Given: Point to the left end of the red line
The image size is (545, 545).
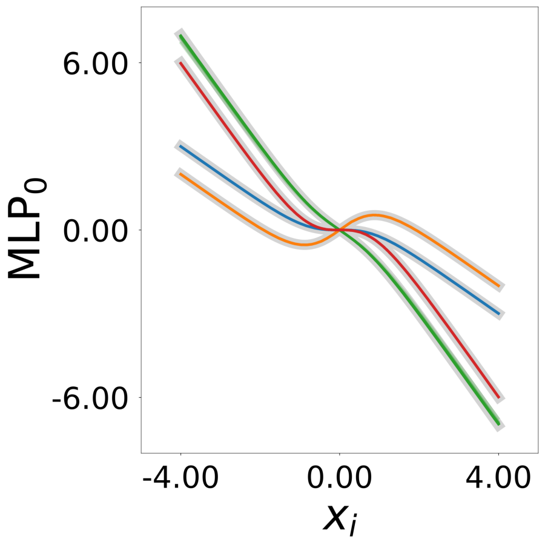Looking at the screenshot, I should pos(180,62).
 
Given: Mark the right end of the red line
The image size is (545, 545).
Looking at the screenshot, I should pos(498,398).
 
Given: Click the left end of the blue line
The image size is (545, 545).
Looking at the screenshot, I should pos(180,146).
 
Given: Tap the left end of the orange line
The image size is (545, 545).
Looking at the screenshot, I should pos(180,174).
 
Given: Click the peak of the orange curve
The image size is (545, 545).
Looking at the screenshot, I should pos(375,215).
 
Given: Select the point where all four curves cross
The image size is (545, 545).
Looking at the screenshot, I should pos(340,230).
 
